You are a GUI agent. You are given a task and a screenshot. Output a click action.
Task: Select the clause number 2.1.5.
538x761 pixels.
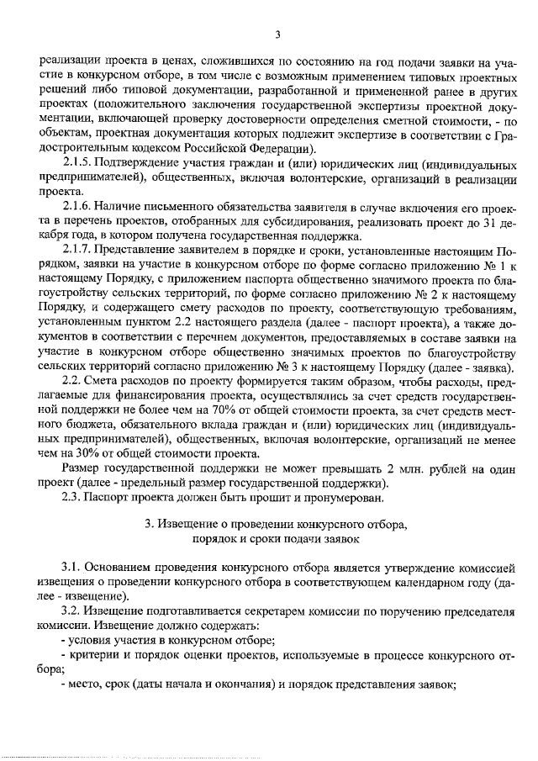80,161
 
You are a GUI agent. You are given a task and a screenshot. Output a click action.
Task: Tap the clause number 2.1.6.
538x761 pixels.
80,205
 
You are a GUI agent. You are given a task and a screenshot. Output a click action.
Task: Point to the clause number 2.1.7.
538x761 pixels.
80,250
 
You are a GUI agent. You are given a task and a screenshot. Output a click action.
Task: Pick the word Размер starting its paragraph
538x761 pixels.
82,468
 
